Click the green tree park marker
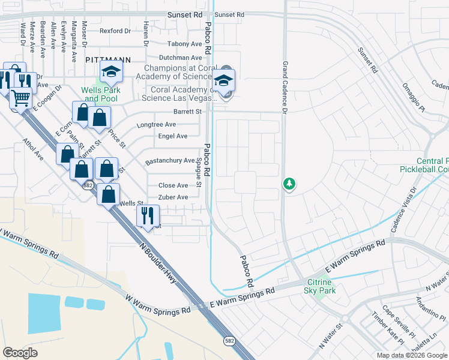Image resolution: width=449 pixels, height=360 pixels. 289,183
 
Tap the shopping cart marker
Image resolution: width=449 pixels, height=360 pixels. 21,97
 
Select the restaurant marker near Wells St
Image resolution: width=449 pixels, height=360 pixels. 147,214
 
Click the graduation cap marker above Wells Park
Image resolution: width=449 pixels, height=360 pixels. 111,72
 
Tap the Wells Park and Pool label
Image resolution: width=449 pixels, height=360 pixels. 101,94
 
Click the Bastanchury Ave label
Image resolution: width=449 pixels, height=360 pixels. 170,161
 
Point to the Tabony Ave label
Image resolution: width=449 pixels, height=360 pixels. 185,44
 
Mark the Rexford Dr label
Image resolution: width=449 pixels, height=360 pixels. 115,31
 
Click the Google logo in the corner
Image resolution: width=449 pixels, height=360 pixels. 20,353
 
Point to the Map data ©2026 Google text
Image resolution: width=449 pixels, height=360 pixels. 412,355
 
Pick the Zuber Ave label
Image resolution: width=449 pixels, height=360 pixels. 173,197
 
